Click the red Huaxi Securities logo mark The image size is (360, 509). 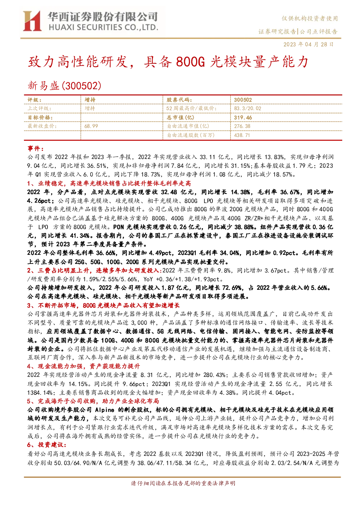(32, 21)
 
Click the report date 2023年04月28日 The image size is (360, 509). (309, 44)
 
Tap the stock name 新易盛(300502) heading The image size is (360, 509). (65, 86)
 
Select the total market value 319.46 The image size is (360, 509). (243, 117)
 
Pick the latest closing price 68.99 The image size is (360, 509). (91, 126)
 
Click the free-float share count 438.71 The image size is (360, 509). (242, 135)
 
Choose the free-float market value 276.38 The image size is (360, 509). (242, 126)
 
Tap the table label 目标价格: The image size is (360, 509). (40, 117)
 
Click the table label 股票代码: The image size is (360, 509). (179, 100)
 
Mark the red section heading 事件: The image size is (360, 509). (36, 148)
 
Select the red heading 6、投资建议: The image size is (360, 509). (47, 445)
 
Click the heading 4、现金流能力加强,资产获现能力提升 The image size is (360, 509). (83, 366)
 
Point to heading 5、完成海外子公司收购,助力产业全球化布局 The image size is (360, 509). (93, 401)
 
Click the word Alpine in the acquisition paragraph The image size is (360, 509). (104, 410)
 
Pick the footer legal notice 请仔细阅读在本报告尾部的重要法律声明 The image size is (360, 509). (183, 483)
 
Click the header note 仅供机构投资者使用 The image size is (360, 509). (310, 18)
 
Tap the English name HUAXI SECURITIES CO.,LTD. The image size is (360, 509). (103, 27)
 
